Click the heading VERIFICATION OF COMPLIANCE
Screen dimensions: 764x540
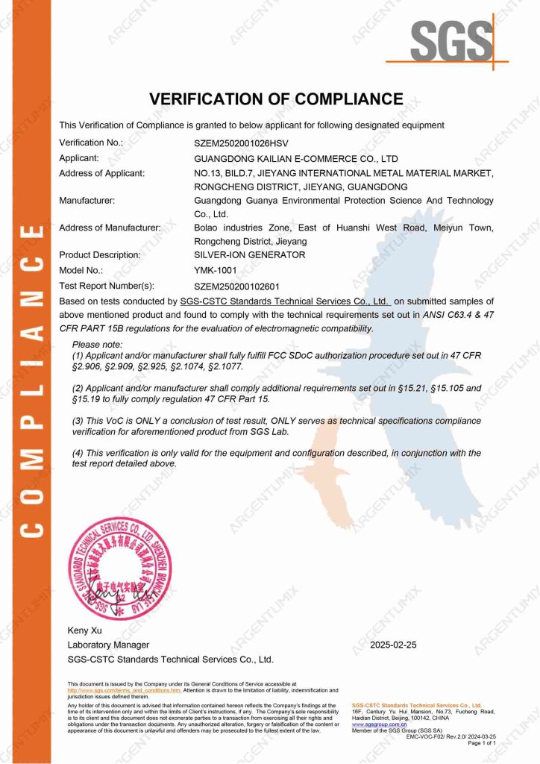[276, 99]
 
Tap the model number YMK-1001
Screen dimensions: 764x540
[216, 271]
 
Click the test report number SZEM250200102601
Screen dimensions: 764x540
[239, 286]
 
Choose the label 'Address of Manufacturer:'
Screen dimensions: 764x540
[110, 228]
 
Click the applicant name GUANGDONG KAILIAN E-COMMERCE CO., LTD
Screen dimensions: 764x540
[296, 159]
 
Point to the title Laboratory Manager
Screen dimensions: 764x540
[108, 645]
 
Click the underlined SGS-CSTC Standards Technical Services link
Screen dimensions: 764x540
[285, 301]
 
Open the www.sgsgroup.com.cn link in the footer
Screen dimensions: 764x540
[379, 724]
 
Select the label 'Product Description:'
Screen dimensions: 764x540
[99, 255]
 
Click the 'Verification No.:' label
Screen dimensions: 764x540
[90, 142]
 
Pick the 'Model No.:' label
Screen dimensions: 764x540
[81, 271]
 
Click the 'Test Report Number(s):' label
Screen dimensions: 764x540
[107, 286]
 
